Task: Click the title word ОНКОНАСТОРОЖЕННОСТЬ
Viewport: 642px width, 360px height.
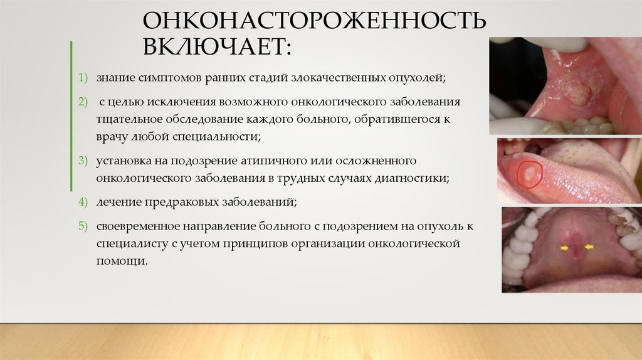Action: pyautogui.click(x=315, y=21)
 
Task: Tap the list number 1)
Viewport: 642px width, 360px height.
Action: pyautogui.click(x=83, y=78)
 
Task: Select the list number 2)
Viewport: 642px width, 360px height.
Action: pyautogui.click(x=83, y=102)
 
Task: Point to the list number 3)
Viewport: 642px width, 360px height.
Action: pyautogui.click(x=83, y=161)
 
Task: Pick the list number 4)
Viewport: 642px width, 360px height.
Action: pyautogui.click(x=83, y=203)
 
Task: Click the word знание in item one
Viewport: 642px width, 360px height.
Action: pyautogui.click(x=114, y=78)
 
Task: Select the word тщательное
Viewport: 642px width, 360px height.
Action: pyautogui.click(x=129, y=119)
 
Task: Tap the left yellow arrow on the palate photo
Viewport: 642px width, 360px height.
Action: pyautogui.click(x=565, y=249)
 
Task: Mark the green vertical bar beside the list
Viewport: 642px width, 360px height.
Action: pyautogui.click(x=71, y=115)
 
